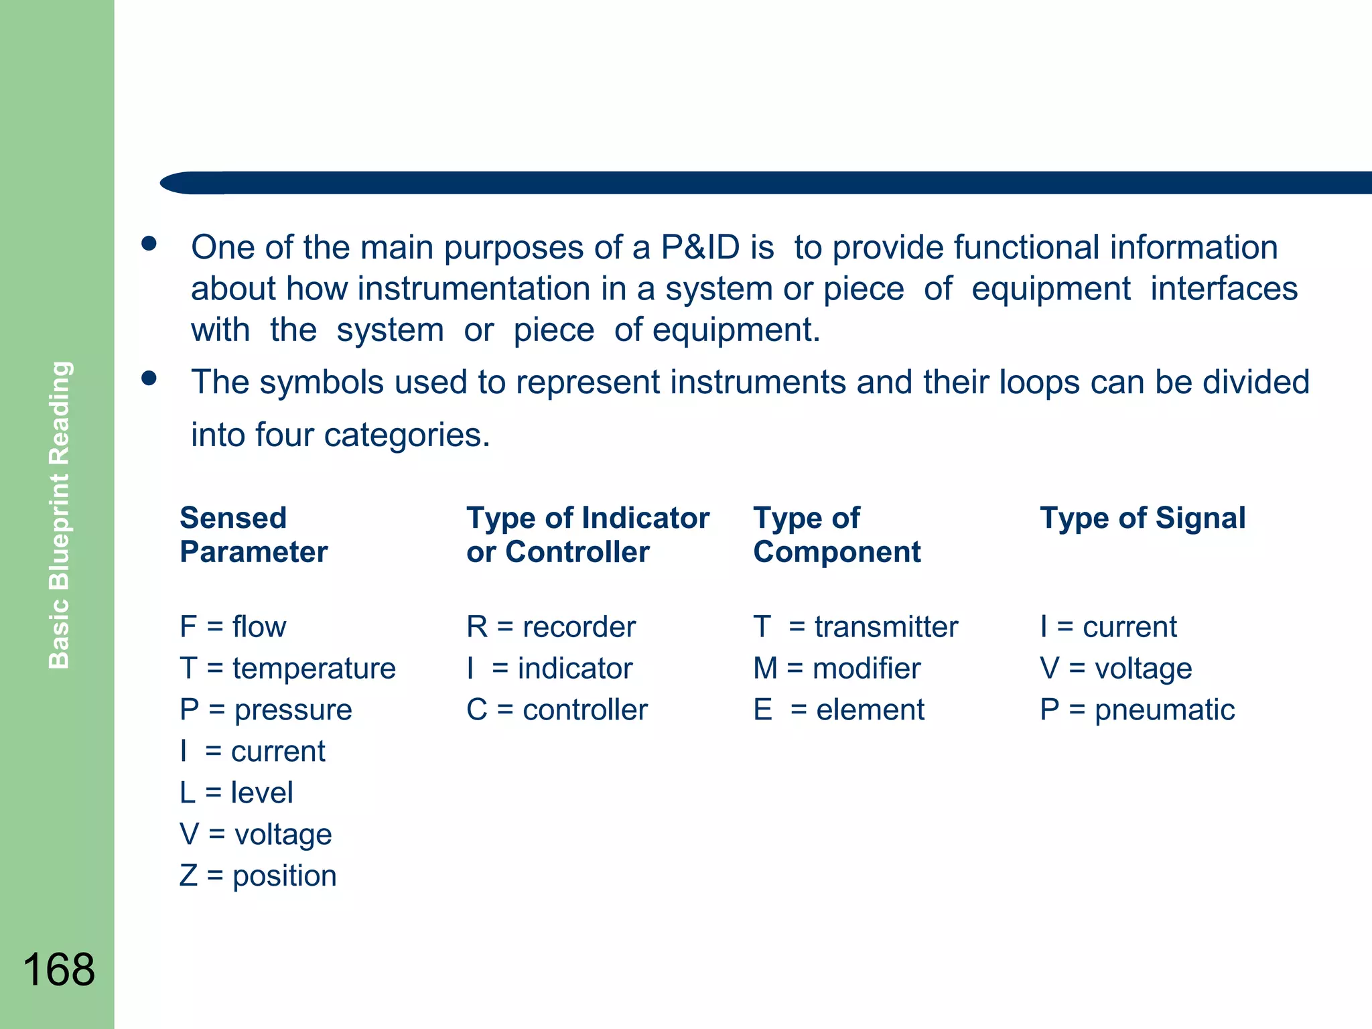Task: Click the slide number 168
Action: (x=59, y=969)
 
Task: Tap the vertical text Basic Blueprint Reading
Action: (x=60, y=514)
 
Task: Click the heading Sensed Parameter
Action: (x=253, y=535)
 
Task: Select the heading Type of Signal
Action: (x=1142, y=518)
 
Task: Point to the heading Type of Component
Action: (x=836, y=535)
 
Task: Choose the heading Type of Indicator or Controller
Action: (x=588, y=535)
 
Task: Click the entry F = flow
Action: (x=232, y=627)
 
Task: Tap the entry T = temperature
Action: (x=287, y=669)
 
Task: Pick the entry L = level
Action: (x=236, y=793)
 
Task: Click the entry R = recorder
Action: (x=551, y=627)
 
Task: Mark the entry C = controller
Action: (x=557, y=710)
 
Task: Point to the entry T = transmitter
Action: (x=855, y=627)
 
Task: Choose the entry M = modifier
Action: (x=837, y=669)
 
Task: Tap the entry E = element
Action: (x=839, y=710)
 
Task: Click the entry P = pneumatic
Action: (x=1137, y=710)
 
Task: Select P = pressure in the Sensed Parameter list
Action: (x=265, y=710)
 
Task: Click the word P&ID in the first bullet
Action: (x=700, y=247)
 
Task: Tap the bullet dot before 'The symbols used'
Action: (x=149, y=379)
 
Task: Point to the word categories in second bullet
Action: (x=407, y=435)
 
